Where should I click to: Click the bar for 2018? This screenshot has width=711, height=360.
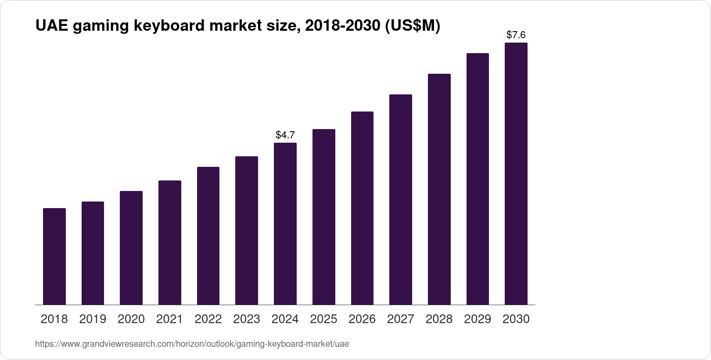54,256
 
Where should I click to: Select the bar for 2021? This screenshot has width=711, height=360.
170,242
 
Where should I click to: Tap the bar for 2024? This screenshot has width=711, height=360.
285,223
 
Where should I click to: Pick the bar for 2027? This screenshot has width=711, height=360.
400,199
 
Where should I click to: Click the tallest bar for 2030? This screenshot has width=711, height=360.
516,173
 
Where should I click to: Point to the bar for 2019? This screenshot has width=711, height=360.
93,253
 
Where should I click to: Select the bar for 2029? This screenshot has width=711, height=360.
478,179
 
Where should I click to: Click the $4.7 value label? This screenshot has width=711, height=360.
285,135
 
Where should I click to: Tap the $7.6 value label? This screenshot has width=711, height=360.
516,35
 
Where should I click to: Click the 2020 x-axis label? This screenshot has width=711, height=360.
131,319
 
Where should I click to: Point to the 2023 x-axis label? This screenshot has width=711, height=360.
247,319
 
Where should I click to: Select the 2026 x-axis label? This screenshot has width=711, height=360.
362,319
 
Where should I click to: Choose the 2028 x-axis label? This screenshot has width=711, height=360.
439,319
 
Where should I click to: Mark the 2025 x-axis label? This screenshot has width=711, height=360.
323,319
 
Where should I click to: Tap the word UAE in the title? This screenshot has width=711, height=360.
51,26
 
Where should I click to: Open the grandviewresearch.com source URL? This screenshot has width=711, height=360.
192,344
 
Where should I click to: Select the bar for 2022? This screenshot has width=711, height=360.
208,236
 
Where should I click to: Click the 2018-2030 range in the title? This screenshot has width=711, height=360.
342,26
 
